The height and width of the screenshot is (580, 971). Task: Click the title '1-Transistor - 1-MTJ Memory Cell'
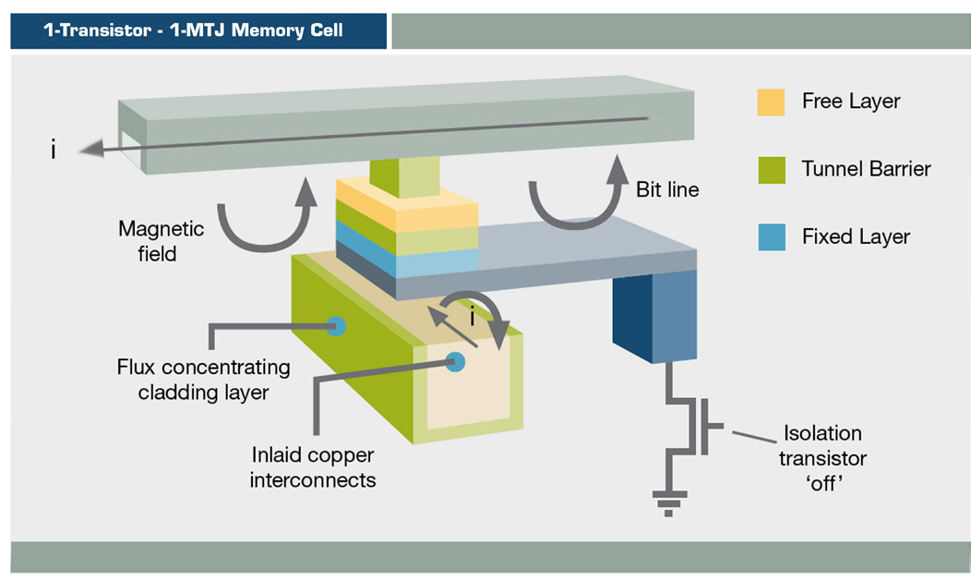[x=193, y=30]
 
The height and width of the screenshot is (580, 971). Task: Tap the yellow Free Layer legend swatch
[x=771, y=103]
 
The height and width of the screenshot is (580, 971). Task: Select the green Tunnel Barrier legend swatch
[x=772, y=170]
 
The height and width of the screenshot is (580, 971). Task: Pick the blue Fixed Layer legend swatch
[x=772, y=236]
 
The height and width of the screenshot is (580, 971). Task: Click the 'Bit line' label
[x=667, y=189]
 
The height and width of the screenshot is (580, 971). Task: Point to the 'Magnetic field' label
[x=161, y=241]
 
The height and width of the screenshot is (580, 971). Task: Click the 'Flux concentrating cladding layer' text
[x=203, y=380]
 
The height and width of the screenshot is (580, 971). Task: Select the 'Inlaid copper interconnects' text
[x=313, y=467]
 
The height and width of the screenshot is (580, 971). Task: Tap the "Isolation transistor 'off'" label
[x=822, y=458]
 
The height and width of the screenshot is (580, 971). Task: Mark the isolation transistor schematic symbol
[x=692, y=427]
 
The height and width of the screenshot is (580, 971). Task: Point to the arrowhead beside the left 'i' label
[x=91, y=149]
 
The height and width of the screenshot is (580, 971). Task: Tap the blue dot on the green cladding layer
[x=336, y=326]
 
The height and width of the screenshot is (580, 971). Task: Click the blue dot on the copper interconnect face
[x=455, y=362]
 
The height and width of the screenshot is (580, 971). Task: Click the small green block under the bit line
[x=405, y=178]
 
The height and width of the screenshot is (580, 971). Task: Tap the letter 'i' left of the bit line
[x=54, y=150]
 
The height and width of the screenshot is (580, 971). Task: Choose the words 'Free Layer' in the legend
[x=851, y=101]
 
